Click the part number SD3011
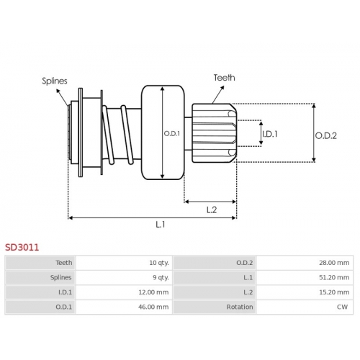pos(22,247)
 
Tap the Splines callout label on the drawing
pos(55,81)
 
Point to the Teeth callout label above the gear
pos(224,78)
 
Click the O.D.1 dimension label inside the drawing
pos(172,133)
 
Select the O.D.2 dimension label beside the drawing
pos(325,135)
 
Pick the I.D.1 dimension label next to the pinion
pos(270,134)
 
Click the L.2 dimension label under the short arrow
pos(212,210)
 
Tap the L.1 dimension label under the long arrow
pos(161,225)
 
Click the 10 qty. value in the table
pos(159,263)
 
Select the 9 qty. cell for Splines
pos(161,277)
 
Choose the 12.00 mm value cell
pos(153,292)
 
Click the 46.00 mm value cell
pos(153,307)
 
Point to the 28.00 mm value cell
pos(334,263)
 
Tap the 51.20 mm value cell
pos(334,277)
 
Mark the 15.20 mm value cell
pos(334,292)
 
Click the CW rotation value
pos(342,307)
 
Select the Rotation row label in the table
pos(240,307)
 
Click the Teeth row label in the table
pos(64,263)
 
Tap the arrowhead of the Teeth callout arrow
pos(222,87)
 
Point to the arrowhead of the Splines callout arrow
pos(58,90)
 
